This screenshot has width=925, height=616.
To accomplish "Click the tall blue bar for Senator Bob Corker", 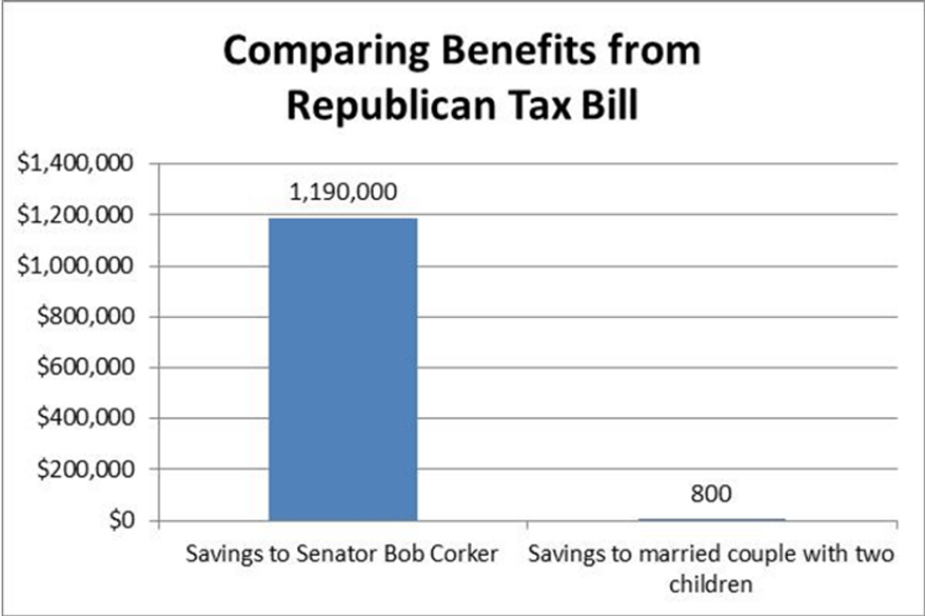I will (343, 369).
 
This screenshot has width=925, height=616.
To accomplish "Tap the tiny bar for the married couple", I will (711, 519).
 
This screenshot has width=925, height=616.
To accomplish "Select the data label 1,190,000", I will (343, 192).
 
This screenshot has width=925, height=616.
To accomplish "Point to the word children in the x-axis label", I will (711, 584).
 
